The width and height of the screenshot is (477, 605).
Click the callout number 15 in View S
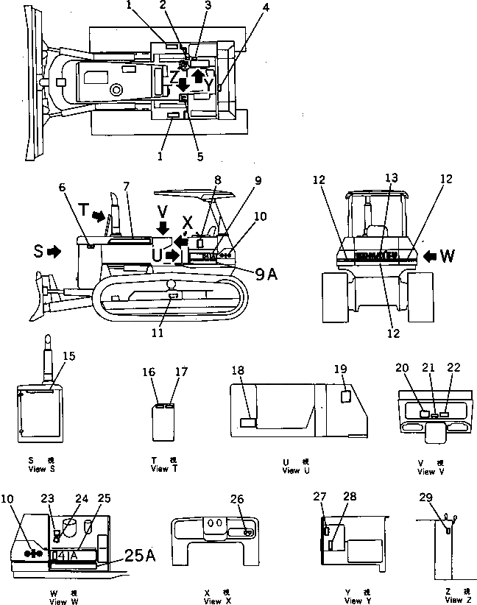click(x=68, y=356)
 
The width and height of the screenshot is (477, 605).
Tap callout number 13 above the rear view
click(x=391, y=177)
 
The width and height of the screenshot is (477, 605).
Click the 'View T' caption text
click(x=164, y=468)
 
